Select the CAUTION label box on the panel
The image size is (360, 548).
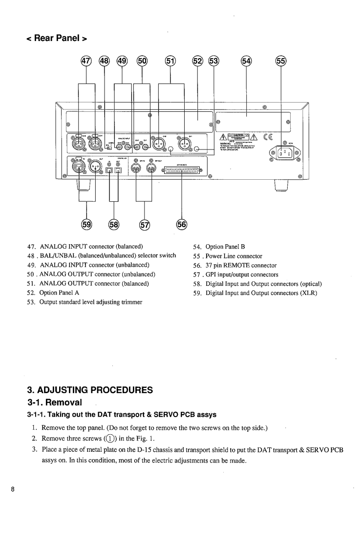pos(239,137)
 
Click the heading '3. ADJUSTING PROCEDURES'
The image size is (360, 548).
pos(90,390)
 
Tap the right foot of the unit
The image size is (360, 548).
pos(281,186)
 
